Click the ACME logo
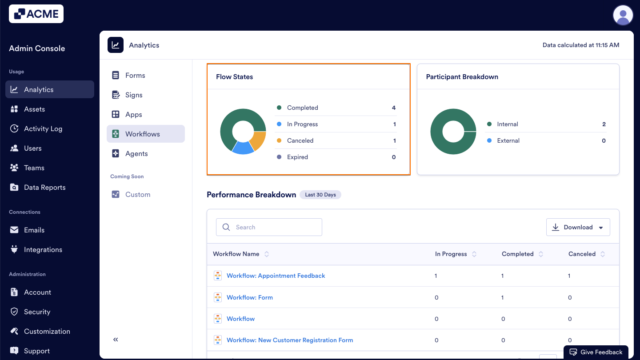click(x=36, y=14)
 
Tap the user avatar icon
click(x=623, y=16)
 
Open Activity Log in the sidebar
click(x=43, y=129)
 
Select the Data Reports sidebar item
click(x=44, y=188)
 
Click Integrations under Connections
click(x=43, y=250)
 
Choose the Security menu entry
click(x=37, y=312)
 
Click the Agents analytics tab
click(x=136, y=154)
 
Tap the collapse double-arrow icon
click(x=116, y=340)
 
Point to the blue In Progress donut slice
click(x=242, y=148)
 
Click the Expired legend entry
click(x=297, y=157)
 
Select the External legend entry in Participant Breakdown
click(x=508, y=140)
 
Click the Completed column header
click(x=517, y=254)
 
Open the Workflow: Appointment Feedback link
click(x=276, y=276)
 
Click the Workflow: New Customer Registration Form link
click(x=289, y=340)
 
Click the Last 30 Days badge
click(x=320, y=195)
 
